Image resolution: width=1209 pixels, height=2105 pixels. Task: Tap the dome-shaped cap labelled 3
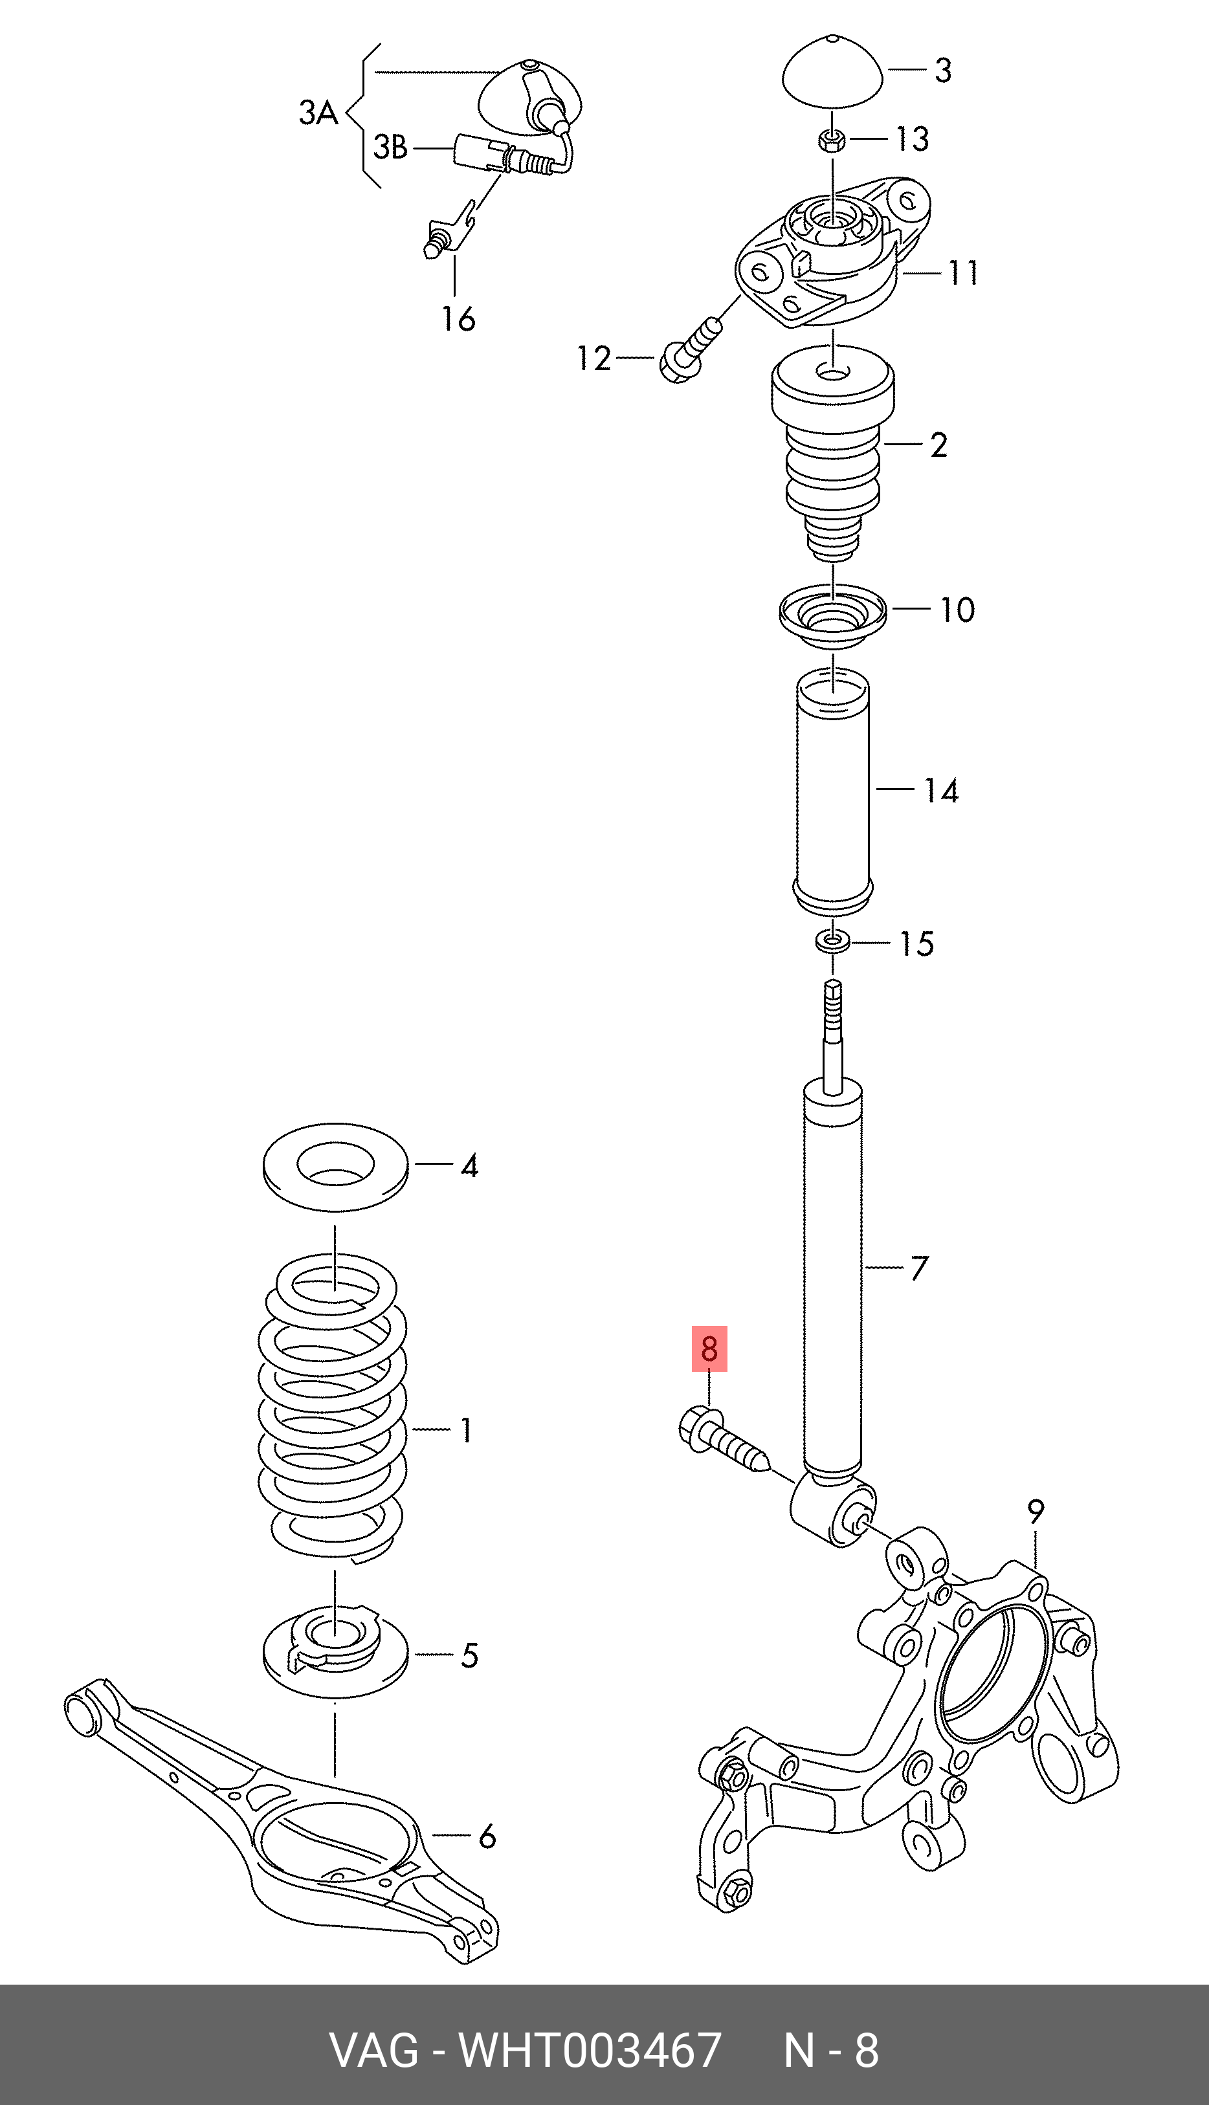pos(833,73)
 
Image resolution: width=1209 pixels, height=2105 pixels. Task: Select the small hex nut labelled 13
pos(833,141)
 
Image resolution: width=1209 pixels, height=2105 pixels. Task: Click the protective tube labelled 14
pos(833,793)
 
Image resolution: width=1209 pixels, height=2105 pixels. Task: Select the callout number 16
pos(458,318)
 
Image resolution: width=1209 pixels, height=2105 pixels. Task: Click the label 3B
pos(390,148)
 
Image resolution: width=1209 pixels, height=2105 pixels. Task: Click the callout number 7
pos(918,1268)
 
